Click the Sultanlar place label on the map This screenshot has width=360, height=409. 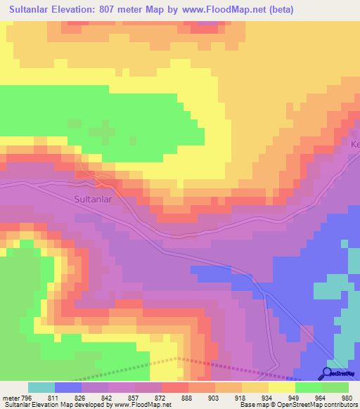click(94, 199)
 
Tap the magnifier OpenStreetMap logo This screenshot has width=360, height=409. click(326, 374)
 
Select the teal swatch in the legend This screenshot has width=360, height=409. click(41, 387)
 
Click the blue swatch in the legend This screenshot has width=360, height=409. click(68, 387)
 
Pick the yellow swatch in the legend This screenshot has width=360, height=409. click(282, 387)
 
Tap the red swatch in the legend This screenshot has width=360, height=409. click(175, 387)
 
